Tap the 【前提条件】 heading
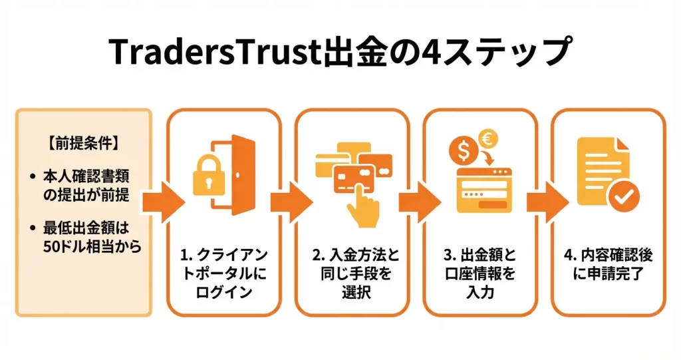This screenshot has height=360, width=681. [x=83, y=142]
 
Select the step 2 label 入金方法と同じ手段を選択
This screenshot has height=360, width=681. [x=352, y=273]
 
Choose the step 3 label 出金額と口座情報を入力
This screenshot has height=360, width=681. [x=481, y=273]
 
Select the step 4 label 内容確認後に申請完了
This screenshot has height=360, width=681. [x=609, y=265]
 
